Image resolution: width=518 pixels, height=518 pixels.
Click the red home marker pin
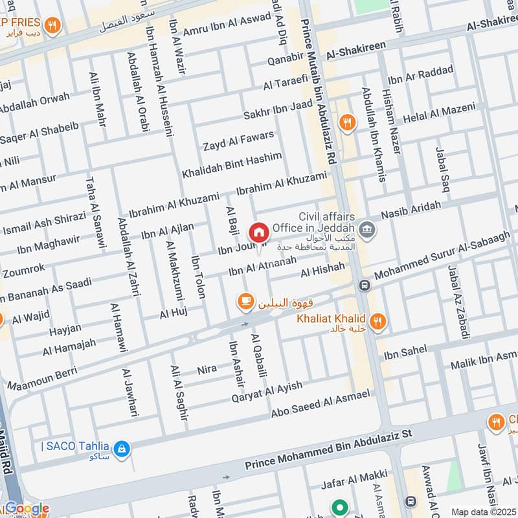point(258,232)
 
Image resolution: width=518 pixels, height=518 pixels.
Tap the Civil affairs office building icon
point(367,229)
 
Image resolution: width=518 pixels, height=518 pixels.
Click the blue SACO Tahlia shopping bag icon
point(120,447)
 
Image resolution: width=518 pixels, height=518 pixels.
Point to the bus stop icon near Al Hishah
point(365,286)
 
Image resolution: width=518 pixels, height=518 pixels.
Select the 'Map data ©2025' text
point(482,512)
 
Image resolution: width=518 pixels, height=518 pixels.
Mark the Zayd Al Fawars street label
point(238,141)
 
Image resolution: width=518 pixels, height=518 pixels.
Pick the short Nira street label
point(207,370)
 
